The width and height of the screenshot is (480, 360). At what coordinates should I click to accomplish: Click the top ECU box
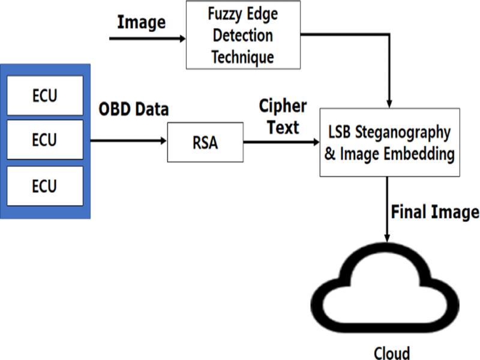coord(45,95)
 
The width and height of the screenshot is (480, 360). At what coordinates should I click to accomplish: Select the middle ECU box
coord(45,140)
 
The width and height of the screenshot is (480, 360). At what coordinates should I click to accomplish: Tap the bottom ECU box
coord(45,185)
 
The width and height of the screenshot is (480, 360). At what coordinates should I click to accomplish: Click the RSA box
coord(205,142)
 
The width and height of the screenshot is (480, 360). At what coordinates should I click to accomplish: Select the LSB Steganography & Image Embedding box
coord(389,142)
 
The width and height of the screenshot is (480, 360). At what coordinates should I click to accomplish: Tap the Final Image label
coord(435,212)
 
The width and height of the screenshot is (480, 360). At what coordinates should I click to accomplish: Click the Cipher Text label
coord(283,116)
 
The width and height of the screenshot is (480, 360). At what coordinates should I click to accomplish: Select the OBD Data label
coord(134,110)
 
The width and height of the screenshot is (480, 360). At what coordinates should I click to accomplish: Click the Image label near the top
coord(141,22)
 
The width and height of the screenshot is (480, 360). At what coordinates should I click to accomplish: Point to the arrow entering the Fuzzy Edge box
coord(148,38)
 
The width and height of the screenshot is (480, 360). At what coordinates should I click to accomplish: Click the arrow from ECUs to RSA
coord(128,142)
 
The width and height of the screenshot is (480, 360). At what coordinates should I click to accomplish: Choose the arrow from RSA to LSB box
coord(281,142)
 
